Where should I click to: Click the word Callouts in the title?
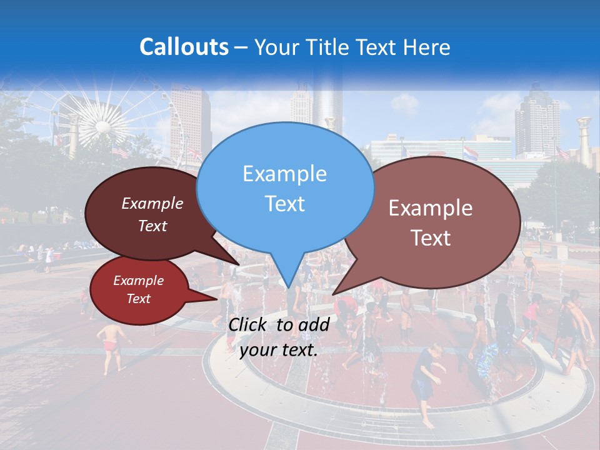pos(184,47)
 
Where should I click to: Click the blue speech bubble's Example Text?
pos(285,188)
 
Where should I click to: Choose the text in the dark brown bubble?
pos(152,214)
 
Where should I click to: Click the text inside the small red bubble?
pos(139,289)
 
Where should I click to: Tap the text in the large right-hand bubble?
pos(431,222)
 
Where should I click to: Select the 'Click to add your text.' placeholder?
pos(278,337)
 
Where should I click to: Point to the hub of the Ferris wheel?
pos(102,127)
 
